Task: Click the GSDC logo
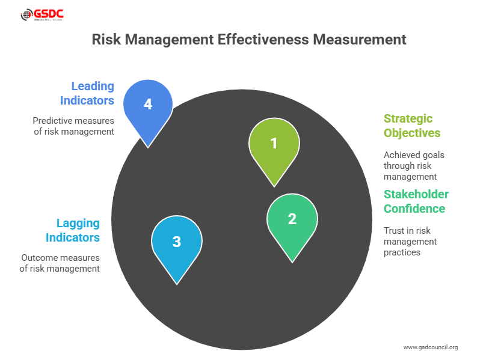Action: (43, 15)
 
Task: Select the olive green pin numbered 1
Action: (274, 144)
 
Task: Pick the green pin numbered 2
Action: (292, 219)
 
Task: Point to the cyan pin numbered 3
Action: (177, 242)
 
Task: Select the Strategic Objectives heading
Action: (412, 126)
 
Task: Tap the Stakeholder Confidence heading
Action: (416, 201)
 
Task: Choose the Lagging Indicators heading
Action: (73, 230)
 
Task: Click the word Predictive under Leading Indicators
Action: (54, 120)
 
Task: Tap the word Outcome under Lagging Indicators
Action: (39, 258)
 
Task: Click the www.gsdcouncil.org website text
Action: (430, 347)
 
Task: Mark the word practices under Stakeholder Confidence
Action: (402, 252)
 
